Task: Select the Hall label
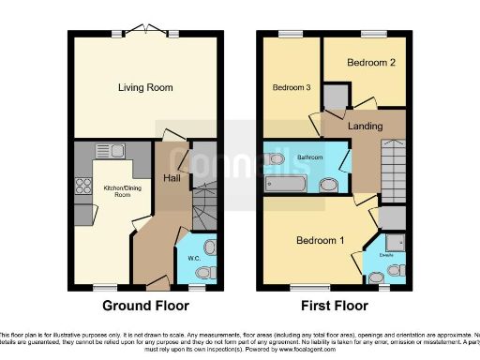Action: click(172, 178)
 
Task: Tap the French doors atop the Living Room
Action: click(145, 31)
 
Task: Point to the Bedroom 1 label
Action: click(321, 240)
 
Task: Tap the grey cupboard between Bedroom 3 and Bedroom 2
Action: click(336, 96)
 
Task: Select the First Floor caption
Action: click(334, 306)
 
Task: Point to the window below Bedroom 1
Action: click(301, 286)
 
